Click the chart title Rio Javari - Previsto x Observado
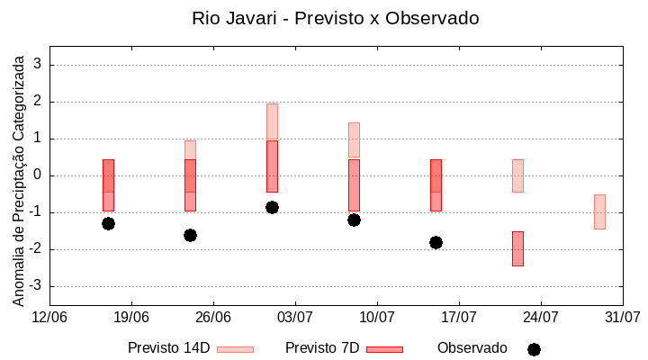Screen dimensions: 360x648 tap(336, 18)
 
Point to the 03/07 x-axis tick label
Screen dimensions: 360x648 tap(295, 317)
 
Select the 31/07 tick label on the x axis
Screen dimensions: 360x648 tap(622, 317)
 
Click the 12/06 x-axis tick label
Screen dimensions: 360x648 tap(49, 317)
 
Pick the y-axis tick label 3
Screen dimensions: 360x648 tap(39, 65)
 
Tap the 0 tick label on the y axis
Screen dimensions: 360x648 tap(39, 175)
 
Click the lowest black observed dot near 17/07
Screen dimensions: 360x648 tap(436, 242)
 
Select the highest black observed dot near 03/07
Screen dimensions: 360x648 tap(272, 207)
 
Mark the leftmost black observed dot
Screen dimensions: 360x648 tap(108, 223)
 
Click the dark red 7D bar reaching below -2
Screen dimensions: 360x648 tap(517, 248)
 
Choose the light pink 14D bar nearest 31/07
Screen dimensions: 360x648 tap(599, 211)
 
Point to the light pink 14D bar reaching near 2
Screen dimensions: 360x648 tap(272, 121)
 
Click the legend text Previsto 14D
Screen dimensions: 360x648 tap(168, 348)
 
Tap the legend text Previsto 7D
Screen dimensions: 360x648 tap(322, 348)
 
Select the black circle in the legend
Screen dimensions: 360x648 tap(534, 349)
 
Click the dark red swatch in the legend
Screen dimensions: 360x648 tap(384, 349)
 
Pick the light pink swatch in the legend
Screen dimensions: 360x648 tap(235, 349)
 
